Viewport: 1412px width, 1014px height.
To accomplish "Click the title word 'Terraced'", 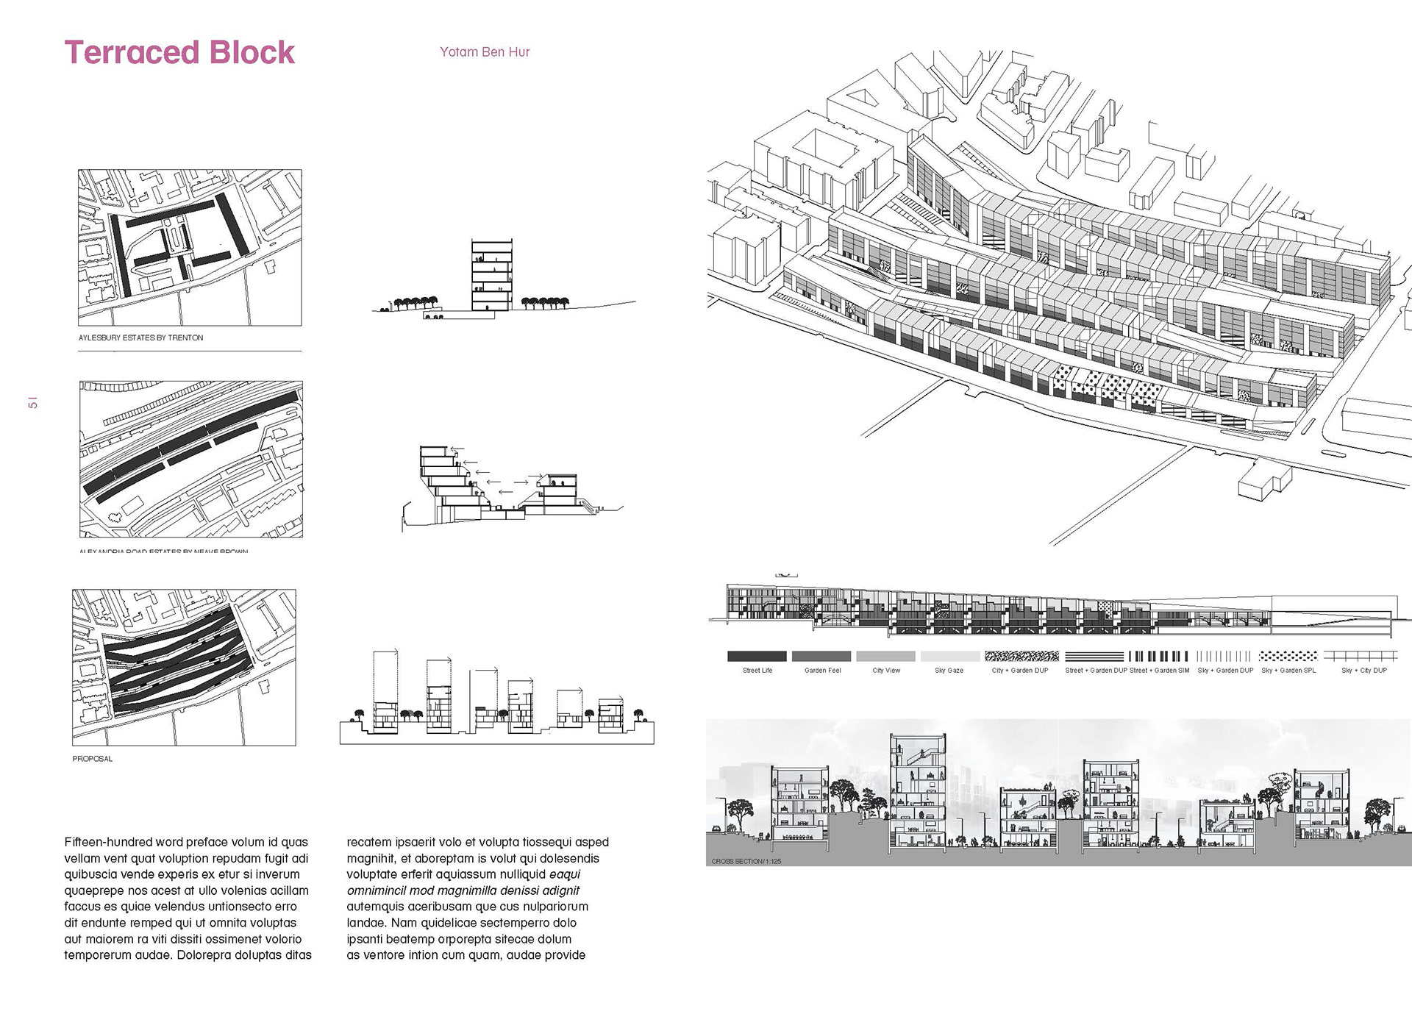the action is point(132,53).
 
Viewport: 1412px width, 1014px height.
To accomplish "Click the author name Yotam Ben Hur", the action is point(485,52).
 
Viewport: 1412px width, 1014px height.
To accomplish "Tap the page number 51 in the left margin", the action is point(32,403).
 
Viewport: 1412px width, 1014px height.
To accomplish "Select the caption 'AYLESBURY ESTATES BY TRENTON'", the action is point(141,338).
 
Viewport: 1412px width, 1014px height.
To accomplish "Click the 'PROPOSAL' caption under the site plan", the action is point(93,759).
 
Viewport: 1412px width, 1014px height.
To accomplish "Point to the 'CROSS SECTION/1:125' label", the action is point(746,861).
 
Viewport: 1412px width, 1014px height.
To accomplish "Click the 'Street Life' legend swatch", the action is point(757,656).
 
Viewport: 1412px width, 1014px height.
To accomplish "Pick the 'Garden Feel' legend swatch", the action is point(821,656).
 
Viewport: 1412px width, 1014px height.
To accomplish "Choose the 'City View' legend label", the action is point(886,671).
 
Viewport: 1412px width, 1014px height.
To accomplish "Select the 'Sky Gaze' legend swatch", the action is point(949,656).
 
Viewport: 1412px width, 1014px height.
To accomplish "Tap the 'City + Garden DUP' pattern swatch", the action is point(1021,656).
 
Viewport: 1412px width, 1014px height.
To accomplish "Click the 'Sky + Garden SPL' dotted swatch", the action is point(1288,656).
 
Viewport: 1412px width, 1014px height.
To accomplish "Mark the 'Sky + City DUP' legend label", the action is point(1363,671).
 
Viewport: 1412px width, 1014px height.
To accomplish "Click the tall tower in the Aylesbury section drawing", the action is point(491,276).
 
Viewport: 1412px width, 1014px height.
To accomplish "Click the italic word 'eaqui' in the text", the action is point(565,874).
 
